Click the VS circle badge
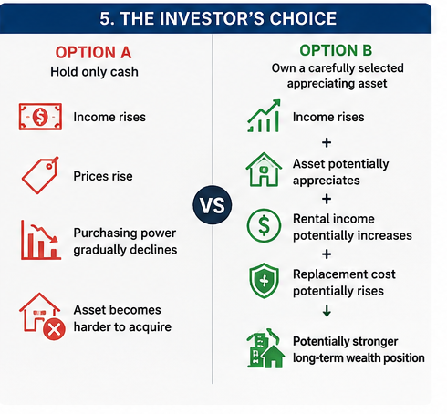213,205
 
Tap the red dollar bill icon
40,117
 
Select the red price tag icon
40,175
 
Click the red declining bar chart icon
41,240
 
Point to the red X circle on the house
54,329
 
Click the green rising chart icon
264,116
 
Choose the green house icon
264,170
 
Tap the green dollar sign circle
264,225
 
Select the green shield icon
264,281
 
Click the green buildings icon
265,348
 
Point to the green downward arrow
327,311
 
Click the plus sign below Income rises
327,142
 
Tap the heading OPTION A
93,53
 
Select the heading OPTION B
336,50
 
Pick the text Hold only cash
94,72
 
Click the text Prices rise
103,176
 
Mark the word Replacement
328,274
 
